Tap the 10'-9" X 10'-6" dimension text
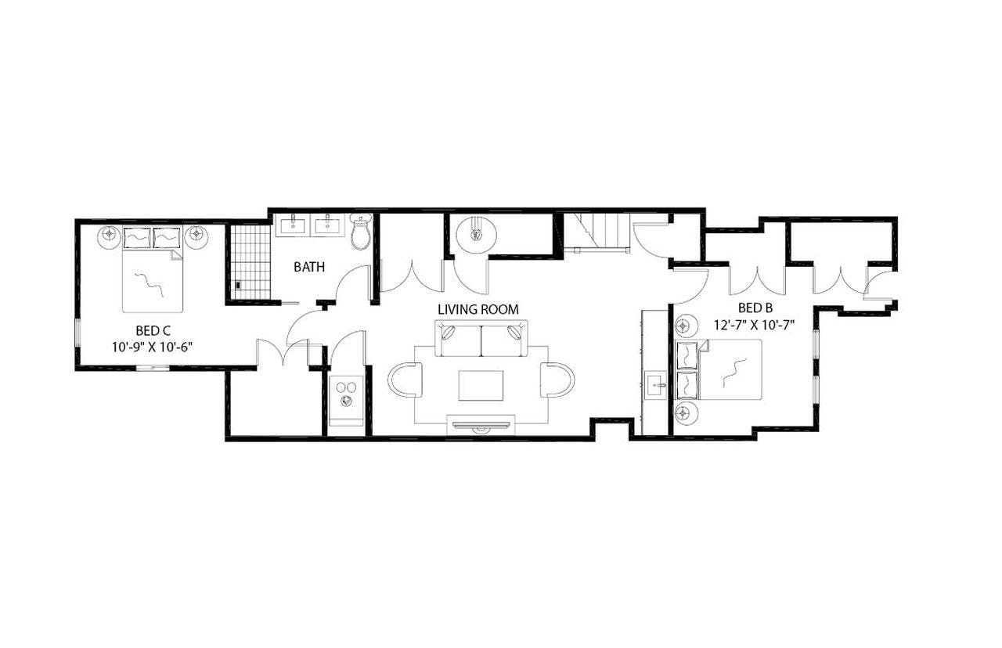click(153, 345)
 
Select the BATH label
click(309, 268)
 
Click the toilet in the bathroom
click(361, 232)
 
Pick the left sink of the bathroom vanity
click(294, 225)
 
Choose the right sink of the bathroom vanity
click(328, 225)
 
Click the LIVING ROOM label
click(478, 310)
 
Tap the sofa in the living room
click(481, 337)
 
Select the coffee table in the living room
click(481, 384)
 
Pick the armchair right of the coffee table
click(557, 380)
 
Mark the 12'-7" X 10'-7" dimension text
click(755, 324)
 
